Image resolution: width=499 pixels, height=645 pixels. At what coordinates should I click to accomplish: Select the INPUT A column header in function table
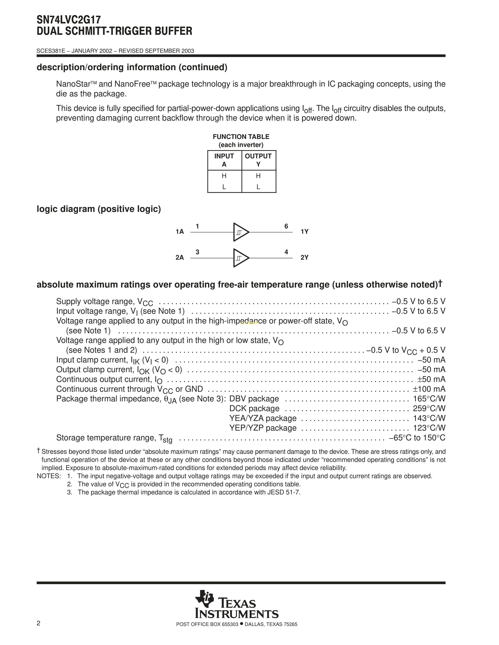224,160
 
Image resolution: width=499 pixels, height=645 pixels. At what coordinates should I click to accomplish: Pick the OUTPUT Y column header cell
258,160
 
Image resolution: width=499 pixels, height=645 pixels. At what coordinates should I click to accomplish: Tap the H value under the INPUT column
224,176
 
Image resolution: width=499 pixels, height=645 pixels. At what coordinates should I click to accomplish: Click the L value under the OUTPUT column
258,187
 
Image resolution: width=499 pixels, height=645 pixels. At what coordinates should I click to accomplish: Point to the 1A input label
179,232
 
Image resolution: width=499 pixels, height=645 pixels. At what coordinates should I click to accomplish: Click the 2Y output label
304,258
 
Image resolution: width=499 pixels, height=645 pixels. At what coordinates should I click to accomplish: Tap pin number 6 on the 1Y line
286,226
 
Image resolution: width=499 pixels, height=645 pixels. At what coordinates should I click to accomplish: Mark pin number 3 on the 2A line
197,252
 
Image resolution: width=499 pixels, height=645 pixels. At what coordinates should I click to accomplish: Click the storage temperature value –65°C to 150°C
417,438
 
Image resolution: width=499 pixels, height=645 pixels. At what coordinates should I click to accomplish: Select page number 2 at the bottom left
38,623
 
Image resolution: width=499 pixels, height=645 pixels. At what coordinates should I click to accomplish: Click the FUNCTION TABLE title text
241,137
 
